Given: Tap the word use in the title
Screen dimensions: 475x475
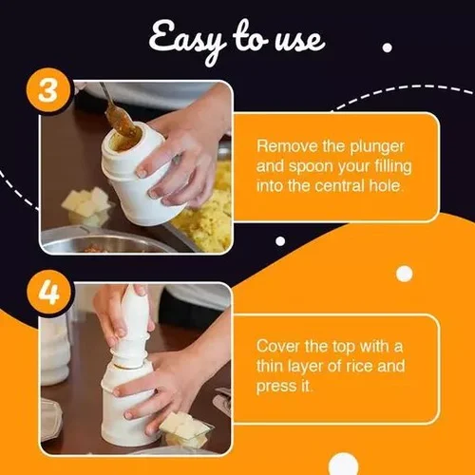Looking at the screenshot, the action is (300, 41).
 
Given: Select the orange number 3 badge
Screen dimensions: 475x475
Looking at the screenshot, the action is (47, 91).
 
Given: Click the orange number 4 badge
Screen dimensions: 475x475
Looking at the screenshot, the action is (48, 292).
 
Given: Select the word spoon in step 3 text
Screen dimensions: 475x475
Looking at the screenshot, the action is (311, 167).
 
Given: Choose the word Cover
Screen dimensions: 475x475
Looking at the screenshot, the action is (278, 346).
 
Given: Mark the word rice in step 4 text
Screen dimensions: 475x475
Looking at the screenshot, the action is (360, 366).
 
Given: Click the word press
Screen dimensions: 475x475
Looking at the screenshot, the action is (272, 387).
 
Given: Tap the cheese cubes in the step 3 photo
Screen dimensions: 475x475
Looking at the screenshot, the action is (85, 203).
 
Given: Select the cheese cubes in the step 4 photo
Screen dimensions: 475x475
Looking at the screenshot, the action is (183, 428).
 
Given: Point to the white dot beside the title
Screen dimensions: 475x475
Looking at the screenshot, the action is (388, 47).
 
